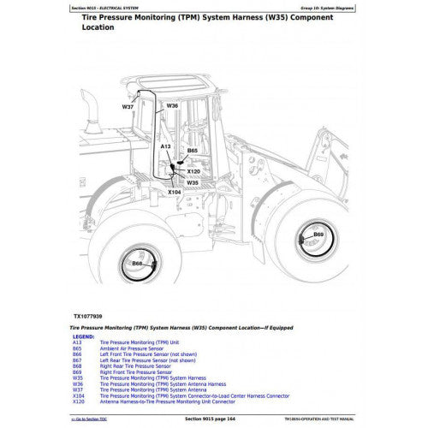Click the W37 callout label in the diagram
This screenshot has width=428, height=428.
[128, 108]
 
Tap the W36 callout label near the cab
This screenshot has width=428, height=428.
[172, 105]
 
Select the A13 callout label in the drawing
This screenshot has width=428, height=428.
[166, 147]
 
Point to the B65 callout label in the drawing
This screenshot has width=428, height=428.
[193, 151]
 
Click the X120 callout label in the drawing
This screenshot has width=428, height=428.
[195, 171]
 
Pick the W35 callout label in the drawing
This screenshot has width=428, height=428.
[193, 182]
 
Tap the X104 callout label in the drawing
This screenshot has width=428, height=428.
[174, 193]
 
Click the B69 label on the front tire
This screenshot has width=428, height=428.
[318, 235]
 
